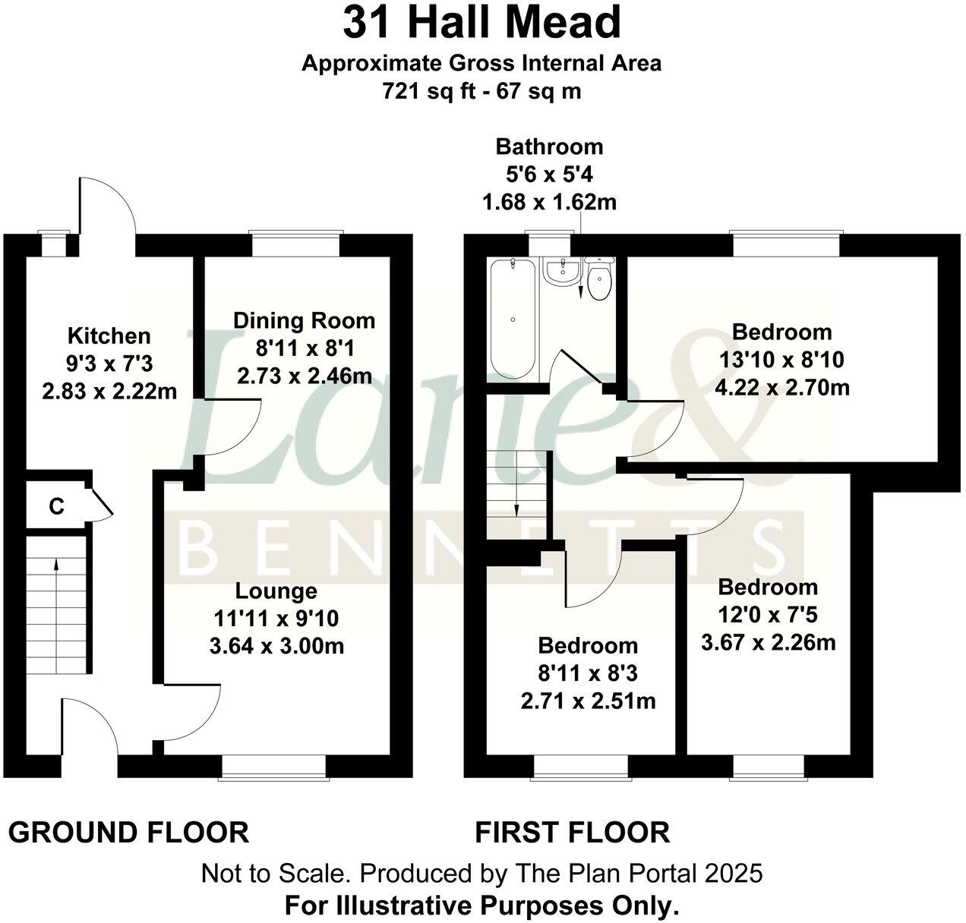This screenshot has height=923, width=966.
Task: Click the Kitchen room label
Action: [x=109, y=335]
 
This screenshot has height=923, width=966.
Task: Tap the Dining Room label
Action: [x=304, y=320]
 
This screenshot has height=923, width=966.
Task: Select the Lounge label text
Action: [x=276, y=591]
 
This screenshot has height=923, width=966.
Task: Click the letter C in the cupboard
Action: [x=56, y=506]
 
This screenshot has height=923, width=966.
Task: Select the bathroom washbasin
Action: [x=562, y=272]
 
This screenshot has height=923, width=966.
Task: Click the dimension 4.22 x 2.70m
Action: [x=782, y=388]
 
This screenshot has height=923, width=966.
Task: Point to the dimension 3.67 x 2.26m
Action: [x=768, y=643]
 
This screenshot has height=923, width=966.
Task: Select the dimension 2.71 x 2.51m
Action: [x=589, y=700]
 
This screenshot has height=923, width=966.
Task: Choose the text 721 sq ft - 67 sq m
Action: [x=481, y=92]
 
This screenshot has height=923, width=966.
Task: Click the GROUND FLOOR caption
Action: [x=128, y=833]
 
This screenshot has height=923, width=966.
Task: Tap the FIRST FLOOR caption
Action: [x=573, y=833]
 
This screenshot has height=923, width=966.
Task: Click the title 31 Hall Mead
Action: [x=482, y=23]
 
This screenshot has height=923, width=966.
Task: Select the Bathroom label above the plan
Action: [x=549, y=146]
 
